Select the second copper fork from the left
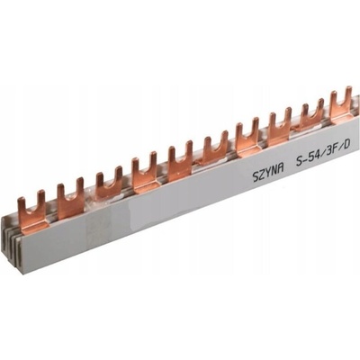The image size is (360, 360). (70, 199)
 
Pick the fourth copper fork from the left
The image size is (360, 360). (144, 173)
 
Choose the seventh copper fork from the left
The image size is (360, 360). (247, 138)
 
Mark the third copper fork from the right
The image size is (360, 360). (281, 127)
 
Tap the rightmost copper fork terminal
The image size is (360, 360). (341, 106)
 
